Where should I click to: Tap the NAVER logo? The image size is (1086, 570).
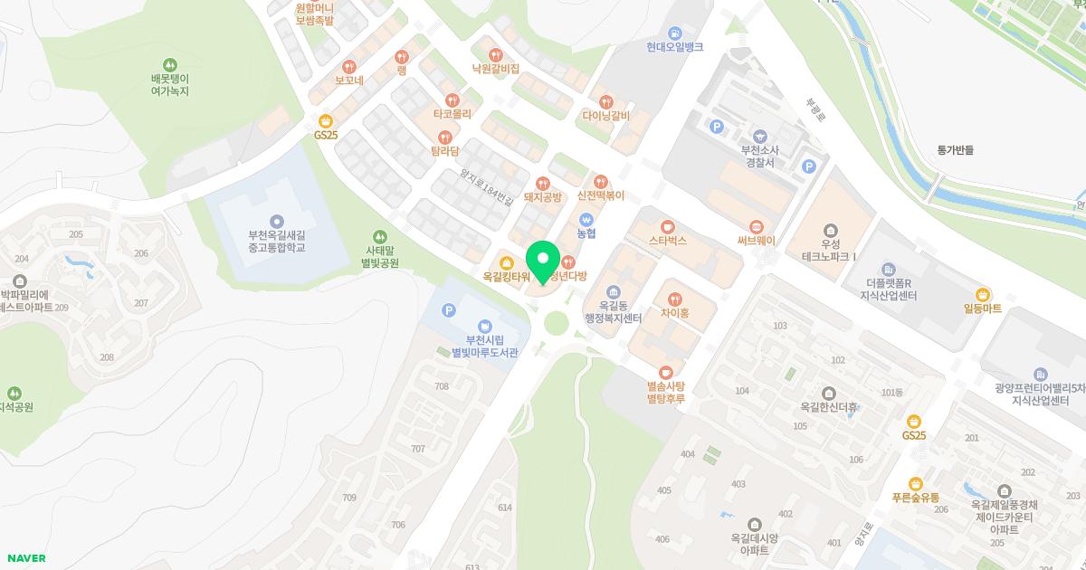(x=25, y=558)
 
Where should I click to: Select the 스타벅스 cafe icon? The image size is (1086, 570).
(x=668, y=226)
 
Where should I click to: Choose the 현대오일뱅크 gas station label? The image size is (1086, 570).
(x=674, y=47)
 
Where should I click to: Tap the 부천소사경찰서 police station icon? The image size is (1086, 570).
(x=757, y=136)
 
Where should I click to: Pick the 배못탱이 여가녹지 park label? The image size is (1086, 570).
(x=169, y=85)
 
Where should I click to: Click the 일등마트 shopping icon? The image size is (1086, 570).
(x=983, y=294)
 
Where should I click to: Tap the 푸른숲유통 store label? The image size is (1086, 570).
(x=915, y=498)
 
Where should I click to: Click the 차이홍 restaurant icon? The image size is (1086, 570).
(x=674, y=299)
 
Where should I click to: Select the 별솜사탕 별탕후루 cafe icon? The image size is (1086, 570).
(x=665, y=372)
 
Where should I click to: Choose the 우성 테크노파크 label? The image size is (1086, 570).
(x=830, y=251)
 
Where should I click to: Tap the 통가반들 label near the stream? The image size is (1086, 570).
(x=956, y=150)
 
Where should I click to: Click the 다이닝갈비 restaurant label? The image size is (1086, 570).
(x=605, y=116)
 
